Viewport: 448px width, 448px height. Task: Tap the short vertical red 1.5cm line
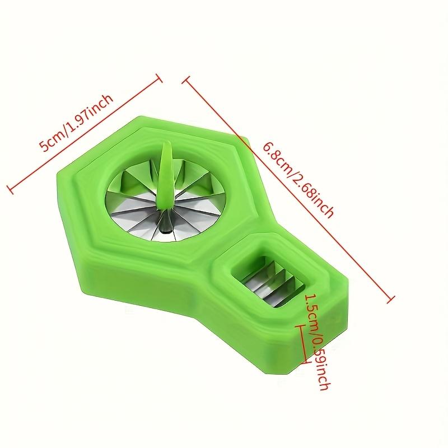pyautogui.click(x=304, y=344)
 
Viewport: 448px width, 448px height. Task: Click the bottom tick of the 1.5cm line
pyautogui.click(x=304, y=363)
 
